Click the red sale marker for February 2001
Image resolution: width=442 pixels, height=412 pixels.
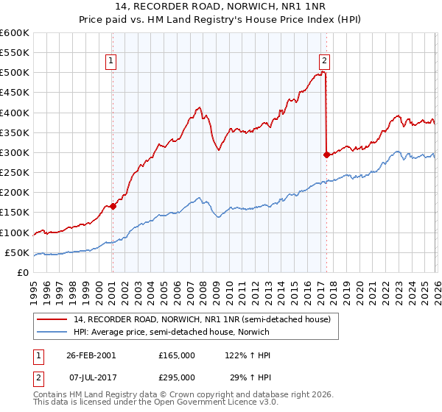(x=113, y=207)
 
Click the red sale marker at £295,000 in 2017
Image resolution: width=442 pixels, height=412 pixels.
(x=326, y=154)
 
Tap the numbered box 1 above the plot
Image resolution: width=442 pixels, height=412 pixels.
(x=111, y=62)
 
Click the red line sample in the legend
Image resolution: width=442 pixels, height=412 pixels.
(x=52, y=320)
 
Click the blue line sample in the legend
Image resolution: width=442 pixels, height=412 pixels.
(x=52, y=332)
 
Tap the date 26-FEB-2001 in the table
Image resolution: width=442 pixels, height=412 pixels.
(x=91, y=355)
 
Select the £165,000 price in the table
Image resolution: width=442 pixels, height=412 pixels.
(x=177, y=355)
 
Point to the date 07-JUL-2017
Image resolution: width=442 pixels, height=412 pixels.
(x=91, y=377)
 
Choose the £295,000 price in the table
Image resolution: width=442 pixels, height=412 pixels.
(x=177, y=377)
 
